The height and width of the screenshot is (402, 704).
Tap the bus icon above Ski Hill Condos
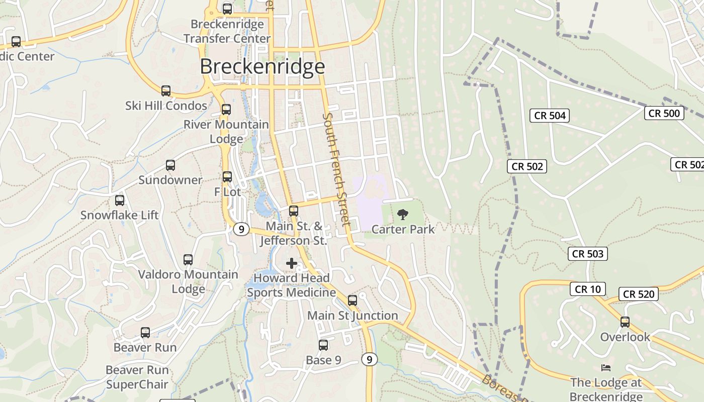pyautogui.click(x=166, y=91)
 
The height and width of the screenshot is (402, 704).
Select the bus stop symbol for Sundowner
pyautogui.click(x=170, y=165)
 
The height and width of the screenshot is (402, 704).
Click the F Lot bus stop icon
pyautogui.click(x=227, y=177)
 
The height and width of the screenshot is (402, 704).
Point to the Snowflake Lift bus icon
pyautogui.click(x=120, y=200)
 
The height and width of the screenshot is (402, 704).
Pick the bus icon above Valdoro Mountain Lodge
pyautogui.click(x=188, y=260)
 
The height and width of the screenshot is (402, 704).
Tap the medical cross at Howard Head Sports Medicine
pyautogui.click(x=292, y=263)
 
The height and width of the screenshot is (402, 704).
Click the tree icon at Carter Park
pyautogui.click(x=402, y=215)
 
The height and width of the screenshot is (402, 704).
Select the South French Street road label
pyautogui.click(x=335, y=169)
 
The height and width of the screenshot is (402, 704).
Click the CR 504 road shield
pyautogui.click(x=550, y=116)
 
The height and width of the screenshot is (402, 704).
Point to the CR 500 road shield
pyautogui.click(x=664, y=113)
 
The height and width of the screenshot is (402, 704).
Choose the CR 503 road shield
pyautogui.click(x=588, y=254)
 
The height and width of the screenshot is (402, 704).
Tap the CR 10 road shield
pyautogui.click(x=587, y=289)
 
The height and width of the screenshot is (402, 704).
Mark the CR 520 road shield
pyautogui.click(x=639, y=294)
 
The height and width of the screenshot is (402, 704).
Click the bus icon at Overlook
pyautogui.click(x=625, y=322)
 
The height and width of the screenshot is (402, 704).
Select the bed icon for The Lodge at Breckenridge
pyautogui.click(x=606, y=368)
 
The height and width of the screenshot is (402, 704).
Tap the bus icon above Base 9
pyautogui.click(x=323, y=345)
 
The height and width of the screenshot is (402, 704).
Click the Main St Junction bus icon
pyautogui.click(x=353, y=300)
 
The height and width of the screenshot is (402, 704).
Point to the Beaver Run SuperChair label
pyautogui.click(x=137, y=377)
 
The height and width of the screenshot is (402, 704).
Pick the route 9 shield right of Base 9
pyautogui.click(x=369, y=359)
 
